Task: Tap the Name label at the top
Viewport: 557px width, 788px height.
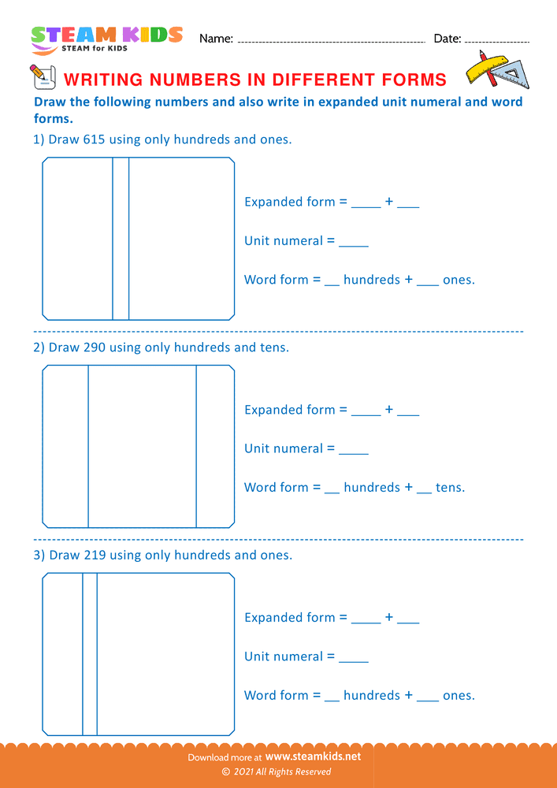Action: (x=216, y=38)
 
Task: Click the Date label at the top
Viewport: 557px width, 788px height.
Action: (x=447, y=38)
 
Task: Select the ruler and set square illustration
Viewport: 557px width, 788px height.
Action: (x=497, y=70)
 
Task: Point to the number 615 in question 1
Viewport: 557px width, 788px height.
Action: (x=94, y=139)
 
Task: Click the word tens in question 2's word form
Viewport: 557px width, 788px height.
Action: (x=449, y=487)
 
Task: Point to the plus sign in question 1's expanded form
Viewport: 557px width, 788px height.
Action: (x=389, y=202)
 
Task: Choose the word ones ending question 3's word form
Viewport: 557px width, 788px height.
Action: (x=458, y=695)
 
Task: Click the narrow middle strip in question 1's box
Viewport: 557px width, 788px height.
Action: (x=121, y=239)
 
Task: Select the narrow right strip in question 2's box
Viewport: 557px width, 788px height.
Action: (x=215, y=446)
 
